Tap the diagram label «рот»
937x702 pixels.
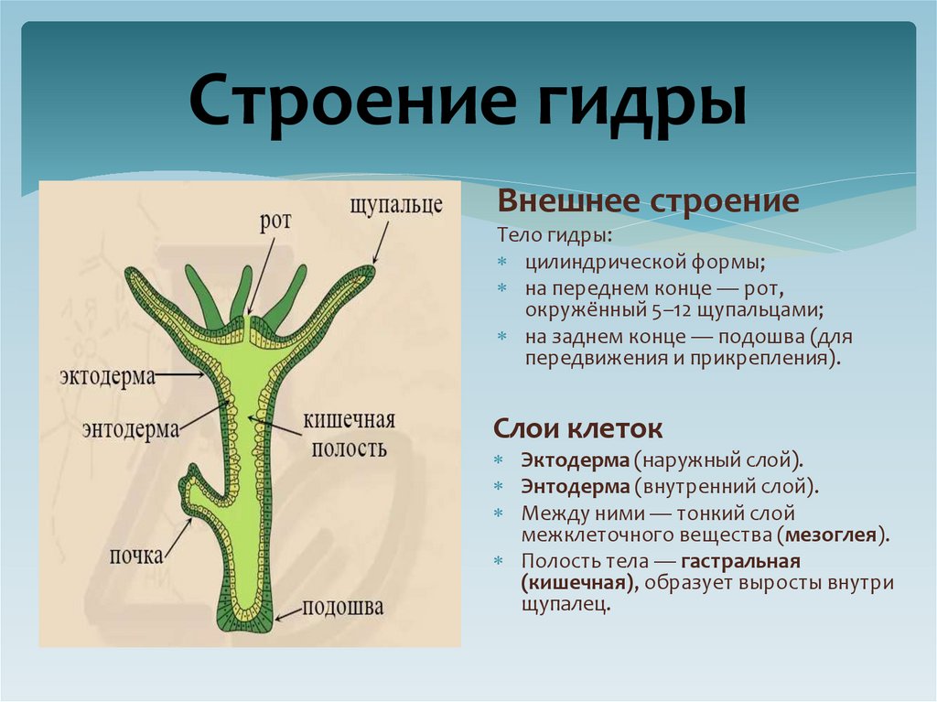pyautogui.click(x=275, y=221)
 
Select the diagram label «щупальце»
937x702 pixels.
pyautogui.click(x=396, y=204)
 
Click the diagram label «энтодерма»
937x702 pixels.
pyautogui.click(x=129, y=429)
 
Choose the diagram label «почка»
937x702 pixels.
pyautogui.click(x=138, y=555)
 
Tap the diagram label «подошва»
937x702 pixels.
pyautogui.click(x=343, y=607)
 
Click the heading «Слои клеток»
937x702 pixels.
pyautogui.click(x=577, y=427)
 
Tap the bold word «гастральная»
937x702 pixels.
pyautogui.click(x=740, y=560)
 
